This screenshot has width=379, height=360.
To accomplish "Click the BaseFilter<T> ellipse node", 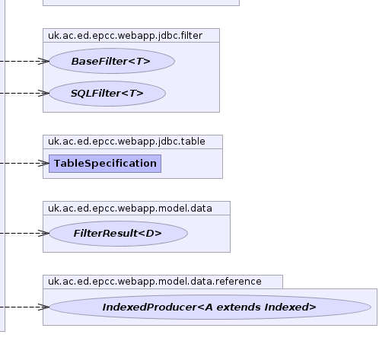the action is [112, 61].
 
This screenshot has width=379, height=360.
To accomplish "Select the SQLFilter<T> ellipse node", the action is [107, 94].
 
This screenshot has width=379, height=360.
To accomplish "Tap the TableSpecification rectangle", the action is [105, 164].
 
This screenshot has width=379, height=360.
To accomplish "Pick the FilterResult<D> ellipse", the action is [118, 234].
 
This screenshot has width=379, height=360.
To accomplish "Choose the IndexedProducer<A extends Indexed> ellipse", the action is [210, 307].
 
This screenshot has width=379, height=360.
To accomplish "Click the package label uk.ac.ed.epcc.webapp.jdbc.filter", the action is [125, 36].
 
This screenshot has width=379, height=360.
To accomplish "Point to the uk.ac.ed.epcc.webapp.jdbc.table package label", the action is [126, 142].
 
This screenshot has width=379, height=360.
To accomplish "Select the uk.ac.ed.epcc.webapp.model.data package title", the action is [130, 209].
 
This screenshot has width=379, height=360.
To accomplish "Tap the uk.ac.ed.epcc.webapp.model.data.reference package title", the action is [154, 282].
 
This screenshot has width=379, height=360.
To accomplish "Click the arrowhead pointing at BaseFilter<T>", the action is [43, 61].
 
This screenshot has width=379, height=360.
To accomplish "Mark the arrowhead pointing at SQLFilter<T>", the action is [43, 94].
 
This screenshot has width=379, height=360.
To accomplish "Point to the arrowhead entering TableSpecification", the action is [43, 164].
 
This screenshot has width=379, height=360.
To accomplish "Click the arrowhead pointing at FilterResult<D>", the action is [43, 234].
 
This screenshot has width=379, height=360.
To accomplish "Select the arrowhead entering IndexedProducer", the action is [43, 307].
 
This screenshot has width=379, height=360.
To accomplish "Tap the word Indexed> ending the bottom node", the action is [290, 307].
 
